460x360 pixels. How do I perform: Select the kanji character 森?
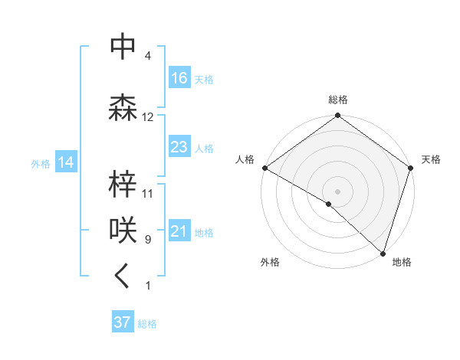pos(123,108)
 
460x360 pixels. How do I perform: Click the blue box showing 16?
pos(179,77)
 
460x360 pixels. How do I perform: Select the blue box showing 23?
pos(179,147)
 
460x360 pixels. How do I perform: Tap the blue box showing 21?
pos(179,231)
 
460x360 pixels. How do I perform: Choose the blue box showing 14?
pos(65,162)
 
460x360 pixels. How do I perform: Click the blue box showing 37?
pos(123,322)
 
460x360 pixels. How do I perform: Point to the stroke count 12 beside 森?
pos(148,117)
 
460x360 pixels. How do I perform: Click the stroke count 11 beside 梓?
pos(148,193)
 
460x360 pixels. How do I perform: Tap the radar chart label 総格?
pos(338,100)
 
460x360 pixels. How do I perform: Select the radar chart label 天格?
pos(431,159)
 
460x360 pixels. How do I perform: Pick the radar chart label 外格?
pos(270,262)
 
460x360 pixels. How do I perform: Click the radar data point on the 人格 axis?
pos(264,168)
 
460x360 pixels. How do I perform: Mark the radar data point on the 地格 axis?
pos(383,253)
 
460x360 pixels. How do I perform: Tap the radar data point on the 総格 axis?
pos(338,116)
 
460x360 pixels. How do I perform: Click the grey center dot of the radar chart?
pos(338,191)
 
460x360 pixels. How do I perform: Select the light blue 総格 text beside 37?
pos(147,324)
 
